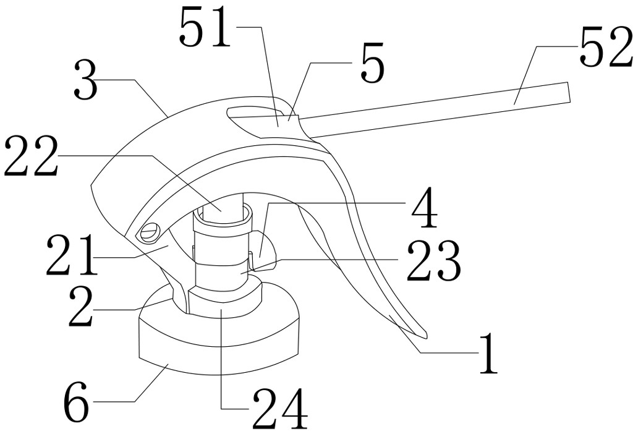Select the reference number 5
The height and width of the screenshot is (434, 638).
372,65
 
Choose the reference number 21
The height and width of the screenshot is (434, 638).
71,257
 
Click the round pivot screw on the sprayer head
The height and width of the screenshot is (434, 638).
150,232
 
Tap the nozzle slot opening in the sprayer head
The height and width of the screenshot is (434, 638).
253,113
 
